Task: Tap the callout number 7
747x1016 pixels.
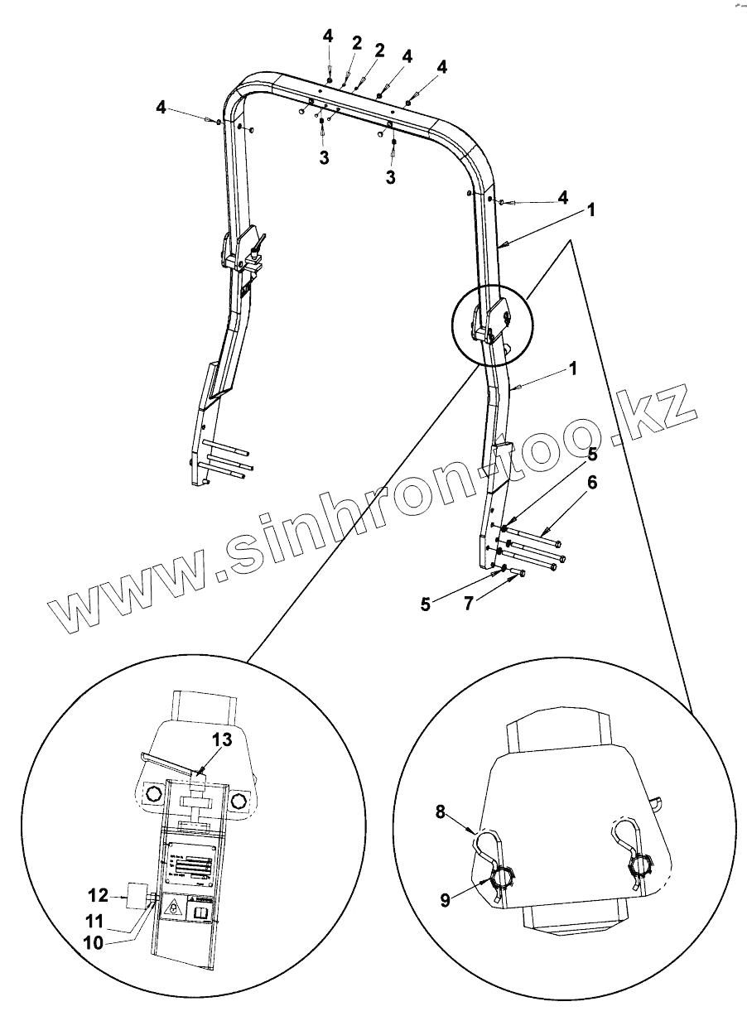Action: pos(468,604)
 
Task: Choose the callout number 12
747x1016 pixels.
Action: pos(97,894)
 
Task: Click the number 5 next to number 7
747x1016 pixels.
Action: pos(426,604)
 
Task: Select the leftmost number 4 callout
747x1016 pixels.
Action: pos(161,107)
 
